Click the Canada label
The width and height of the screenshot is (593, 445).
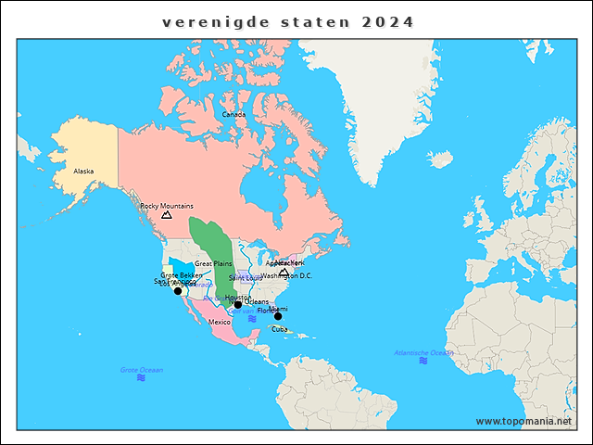(x=233, y=115)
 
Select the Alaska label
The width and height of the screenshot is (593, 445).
(x=83, y=172)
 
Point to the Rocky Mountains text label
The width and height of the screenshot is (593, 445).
(x=167, y=206)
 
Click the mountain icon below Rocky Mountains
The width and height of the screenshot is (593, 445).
(x=167, y=215)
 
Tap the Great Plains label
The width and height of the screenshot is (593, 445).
(x=213, y=264)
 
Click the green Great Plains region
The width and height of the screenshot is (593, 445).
(x=208, y=241)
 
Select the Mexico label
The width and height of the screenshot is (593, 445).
(x=220, y=322)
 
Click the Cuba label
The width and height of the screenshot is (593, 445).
(x=279, y=328)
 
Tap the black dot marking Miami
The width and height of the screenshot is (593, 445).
(x=277, y=316)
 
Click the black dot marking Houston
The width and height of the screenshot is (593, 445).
(x=238, y=304)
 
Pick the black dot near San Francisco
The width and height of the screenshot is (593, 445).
(x=178, y=291)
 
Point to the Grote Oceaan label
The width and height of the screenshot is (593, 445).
(x=141, y=370)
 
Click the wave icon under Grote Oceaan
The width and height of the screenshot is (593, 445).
(x=141, y=378)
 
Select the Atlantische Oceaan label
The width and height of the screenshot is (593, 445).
(x=423, y=352)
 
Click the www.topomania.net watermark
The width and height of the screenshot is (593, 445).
(x=524, y=421)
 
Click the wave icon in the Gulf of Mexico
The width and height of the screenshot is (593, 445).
(x=251, y=319)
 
